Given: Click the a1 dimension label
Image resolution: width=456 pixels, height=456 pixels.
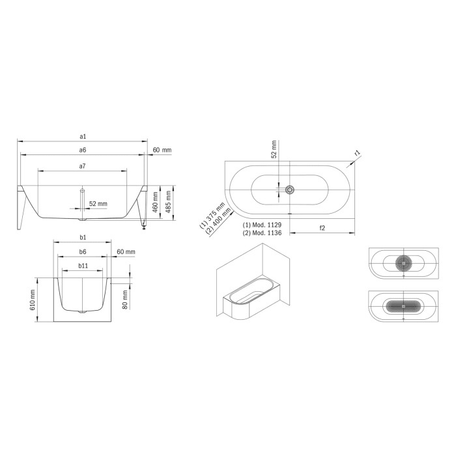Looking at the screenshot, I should click(83, 136).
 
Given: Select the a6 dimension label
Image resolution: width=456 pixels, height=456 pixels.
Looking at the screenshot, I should click(83, 150).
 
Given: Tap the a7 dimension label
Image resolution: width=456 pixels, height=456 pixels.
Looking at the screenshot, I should click(83, 167).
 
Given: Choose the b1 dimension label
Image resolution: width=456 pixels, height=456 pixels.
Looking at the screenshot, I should click(83, 237).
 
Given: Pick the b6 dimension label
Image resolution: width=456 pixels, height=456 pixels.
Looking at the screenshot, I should click(83, 251).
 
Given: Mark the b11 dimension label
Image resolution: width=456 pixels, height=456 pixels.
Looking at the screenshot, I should click(83, 266).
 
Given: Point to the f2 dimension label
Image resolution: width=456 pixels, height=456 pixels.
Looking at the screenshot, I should click(322, 227).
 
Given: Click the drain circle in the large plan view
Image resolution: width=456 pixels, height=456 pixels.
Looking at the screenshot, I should click(290, 190).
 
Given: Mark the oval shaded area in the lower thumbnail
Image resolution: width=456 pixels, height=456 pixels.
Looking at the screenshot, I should click(404, 306).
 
